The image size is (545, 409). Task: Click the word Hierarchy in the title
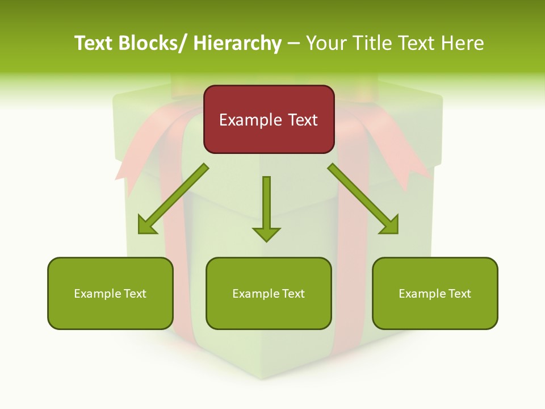point(237,43)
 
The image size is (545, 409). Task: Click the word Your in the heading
point(327,43)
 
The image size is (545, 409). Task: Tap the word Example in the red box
point(250,120)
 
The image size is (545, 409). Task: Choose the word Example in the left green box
point(98,294)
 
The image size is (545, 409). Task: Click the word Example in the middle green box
point(256,294)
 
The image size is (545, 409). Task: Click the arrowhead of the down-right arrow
point(389,225)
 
